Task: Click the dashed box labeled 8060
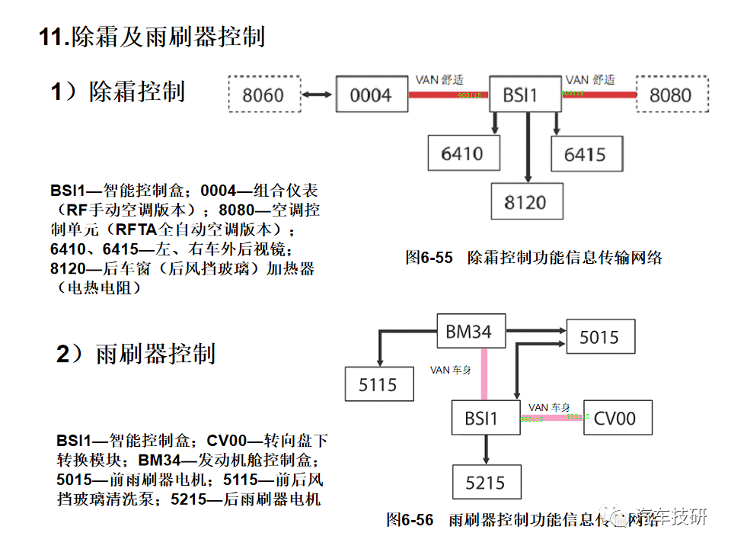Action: [x=263, y=95]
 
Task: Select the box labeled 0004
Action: [x=371, y=95]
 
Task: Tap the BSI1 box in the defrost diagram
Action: [x=521, y=95]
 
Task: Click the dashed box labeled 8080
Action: [x=671, y=95]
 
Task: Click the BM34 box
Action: [x=469, y=332]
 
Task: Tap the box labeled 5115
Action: [x=378, y=385]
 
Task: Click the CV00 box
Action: [x=614, y=418]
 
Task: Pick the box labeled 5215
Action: [x=485, y=483]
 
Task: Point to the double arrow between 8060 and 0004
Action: [x=318, y=95]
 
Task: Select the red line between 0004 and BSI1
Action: [x=449, y=95]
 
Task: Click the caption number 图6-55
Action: [x=429, y=258]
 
